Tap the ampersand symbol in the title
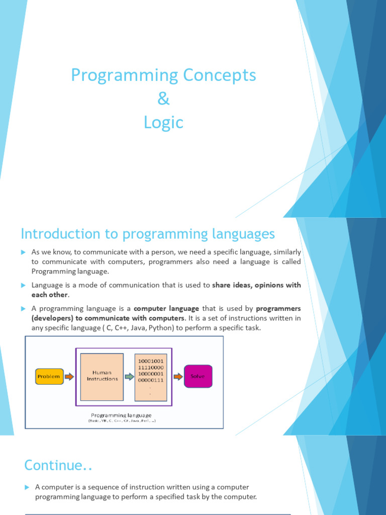(x=163, y=99)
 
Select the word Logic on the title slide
(x=163, y=123)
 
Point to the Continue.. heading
(x=58, y=465)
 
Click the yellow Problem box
(x=49, y=376)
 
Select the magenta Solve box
(x=198, y=376)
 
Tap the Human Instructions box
(x=102, y=376)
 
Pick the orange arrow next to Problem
(x=69, y=376)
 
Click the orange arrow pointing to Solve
(x=178, y=376)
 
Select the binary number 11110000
(x=150, y=368)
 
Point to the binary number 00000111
(x=150, y=381)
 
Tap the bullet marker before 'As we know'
(x=23, y=252)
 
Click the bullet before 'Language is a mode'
(x=23, y=285)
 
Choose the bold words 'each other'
(x=49, y=295)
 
